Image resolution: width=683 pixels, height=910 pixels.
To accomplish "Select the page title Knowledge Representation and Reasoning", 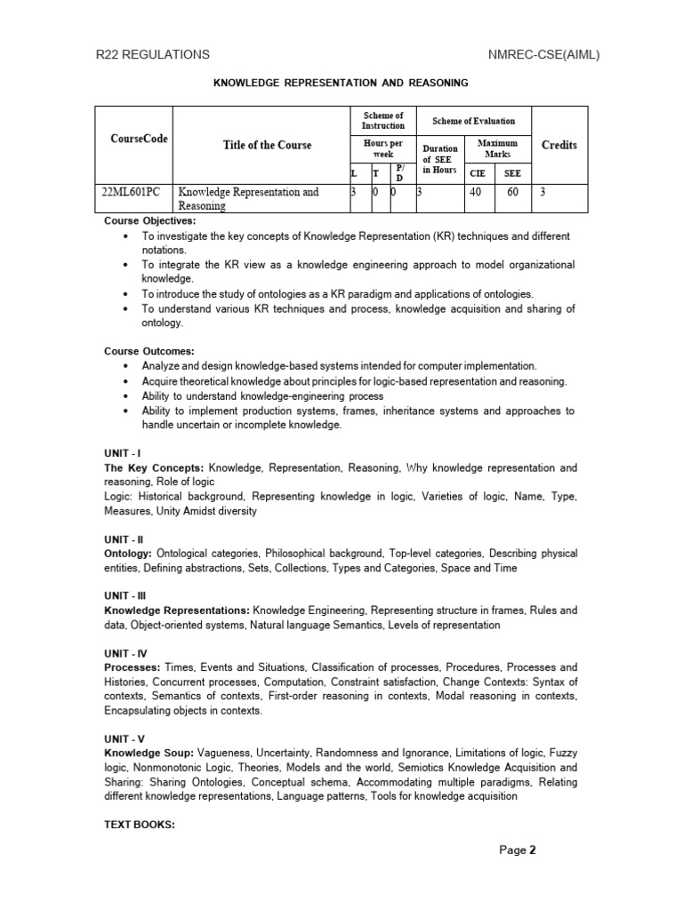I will tap(340, 83).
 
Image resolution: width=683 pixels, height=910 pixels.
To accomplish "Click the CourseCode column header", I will tap(139, 139).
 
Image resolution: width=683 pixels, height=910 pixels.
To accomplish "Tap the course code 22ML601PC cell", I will tap(134, 191).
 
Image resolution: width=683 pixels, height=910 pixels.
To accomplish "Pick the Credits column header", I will tap(558, 145).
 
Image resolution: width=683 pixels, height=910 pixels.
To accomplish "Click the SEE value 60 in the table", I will tap(513, 191).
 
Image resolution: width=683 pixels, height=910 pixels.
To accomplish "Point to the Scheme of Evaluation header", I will tap(473, 121).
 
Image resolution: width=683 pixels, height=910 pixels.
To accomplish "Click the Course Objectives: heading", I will tap(150, 221).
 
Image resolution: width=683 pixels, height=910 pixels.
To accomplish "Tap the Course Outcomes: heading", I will tap(149, 351).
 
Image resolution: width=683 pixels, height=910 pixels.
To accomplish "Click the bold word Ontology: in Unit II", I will tap(129, 554).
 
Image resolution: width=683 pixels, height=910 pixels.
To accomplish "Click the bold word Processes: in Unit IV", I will tap(133, 667).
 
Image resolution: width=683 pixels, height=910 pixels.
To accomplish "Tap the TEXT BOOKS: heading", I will tap(140, 824).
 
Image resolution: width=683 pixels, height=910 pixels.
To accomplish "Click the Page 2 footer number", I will tap(518, 850).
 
